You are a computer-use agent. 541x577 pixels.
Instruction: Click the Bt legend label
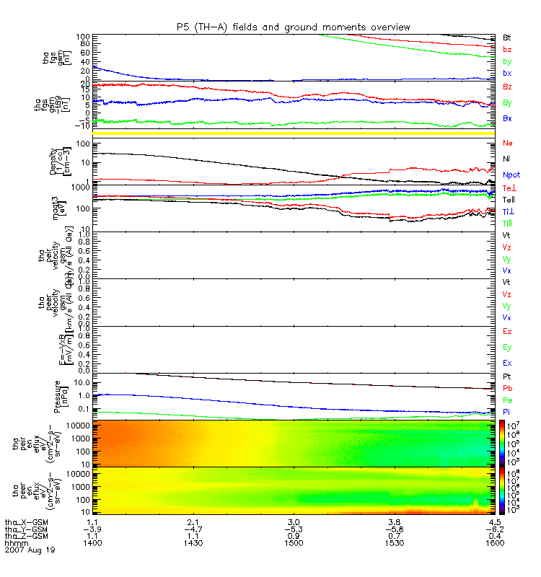coord(507,37)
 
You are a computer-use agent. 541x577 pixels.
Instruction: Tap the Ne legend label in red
coord(508,143)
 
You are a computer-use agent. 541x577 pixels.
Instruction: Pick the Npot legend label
coord(511,175)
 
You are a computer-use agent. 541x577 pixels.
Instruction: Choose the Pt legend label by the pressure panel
coord(507,377)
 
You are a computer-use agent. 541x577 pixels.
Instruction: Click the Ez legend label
coord(507,331)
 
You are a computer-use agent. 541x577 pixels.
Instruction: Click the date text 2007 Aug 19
coord(28,550)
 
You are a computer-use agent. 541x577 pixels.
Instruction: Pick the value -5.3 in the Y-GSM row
coord(292,528)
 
